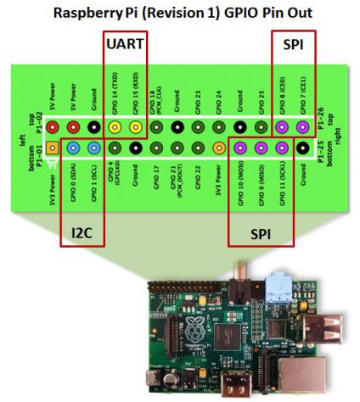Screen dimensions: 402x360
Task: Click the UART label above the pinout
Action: [x=125, y=42]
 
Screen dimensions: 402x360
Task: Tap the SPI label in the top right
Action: [x=293, y=42]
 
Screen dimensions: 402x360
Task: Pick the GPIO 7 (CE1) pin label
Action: [x=303, y=91]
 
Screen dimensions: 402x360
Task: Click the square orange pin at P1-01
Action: [x=53, y=148]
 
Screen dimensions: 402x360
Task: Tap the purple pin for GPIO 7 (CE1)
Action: [x=303, y=128]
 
